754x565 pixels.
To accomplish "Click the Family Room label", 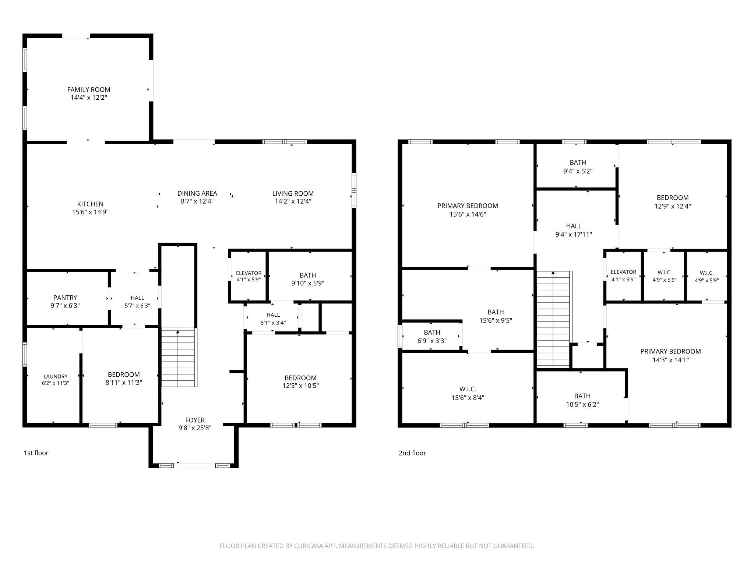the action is pos(89,89).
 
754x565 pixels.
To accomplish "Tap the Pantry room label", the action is pos(65,298).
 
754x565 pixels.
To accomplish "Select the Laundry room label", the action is pos(56,376).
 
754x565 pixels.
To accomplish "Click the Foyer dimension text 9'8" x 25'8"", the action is pos(195,428).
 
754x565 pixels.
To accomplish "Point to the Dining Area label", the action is pos(197,193).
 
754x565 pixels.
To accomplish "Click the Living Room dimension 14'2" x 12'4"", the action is pos(293,201).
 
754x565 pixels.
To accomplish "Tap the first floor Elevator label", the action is pos(249,273).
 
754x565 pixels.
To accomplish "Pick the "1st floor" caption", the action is pos(36,453).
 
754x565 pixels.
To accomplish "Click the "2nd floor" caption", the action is pos(412,453).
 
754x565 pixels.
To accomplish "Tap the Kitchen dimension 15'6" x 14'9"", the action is pos(90,212).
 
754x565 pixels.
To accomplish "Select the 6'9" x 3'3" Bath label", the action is pos(432,337).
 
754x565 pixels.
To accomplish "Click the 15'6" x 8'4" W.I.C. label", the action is pos(468,393).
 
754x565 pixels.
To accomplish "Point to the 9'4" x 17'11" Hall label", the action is pos(574,230).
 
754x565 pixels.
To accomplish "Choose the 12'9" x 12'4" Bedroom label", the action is pos(672,202).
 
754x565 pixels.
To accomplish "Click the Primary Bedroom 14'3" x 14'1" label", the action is pos(670,356).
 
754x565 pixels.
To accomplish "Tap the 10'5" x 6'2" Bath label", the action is pos(582,400).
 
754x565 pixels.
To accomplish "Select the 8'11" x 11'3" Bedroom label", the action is pos(124,379).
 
